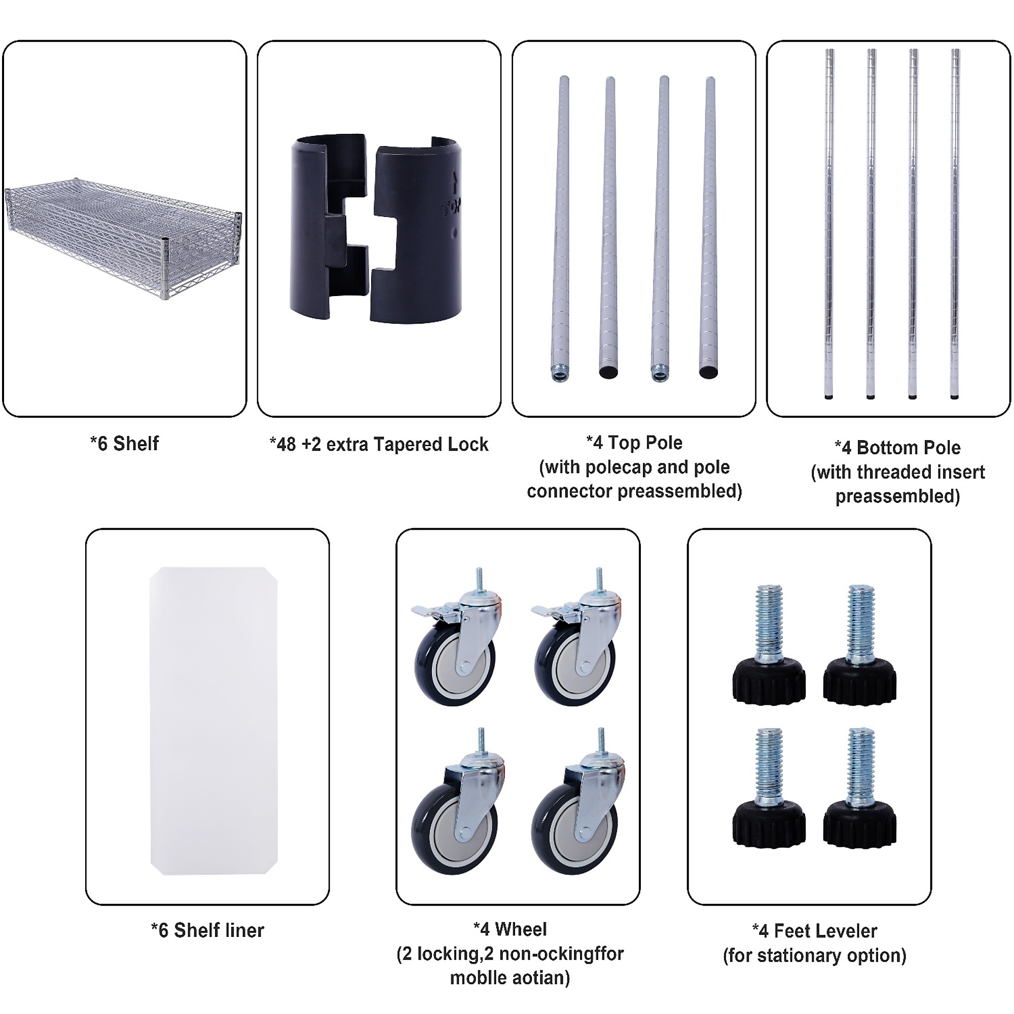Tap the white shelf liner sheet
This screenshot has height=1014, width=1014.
tap(213, 725)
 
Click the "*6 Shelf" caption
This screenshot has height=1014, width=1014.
tap(124, 444)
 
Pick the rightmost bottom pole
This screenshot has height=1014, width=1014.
tap(955, 224)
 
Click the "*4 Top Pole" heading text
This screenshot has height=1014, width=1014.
tap(634, 443)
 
